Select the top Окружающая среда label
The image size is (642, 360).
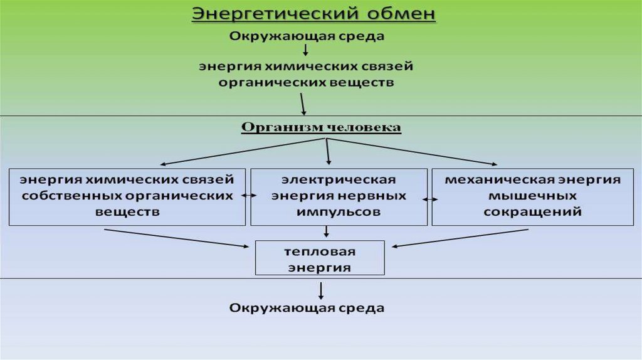pos(307,36)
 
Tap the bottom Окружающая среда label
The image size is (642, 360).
pos(307,308)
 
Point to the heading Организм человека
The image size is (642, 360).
pos(321,127)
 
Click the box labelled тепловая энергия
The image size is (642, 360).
pos(320,259)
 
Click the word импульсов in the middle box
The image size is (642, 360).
pos(339,211)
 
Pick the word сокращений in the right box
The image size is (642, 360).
pos(532,211)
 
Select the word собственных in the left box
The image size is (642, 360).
pos(71,196)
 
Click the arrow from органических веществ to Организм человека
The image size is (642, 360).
pos(303,103)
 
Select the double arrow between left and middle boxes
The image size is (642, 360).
pos(248,196)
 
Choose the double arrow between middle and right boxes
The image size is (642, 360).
pos(430,199)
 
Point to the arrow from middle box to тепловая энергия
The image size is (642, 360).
pos(326,231)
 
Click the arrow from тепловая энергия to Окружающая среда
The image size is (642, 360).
pos(321,289)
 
